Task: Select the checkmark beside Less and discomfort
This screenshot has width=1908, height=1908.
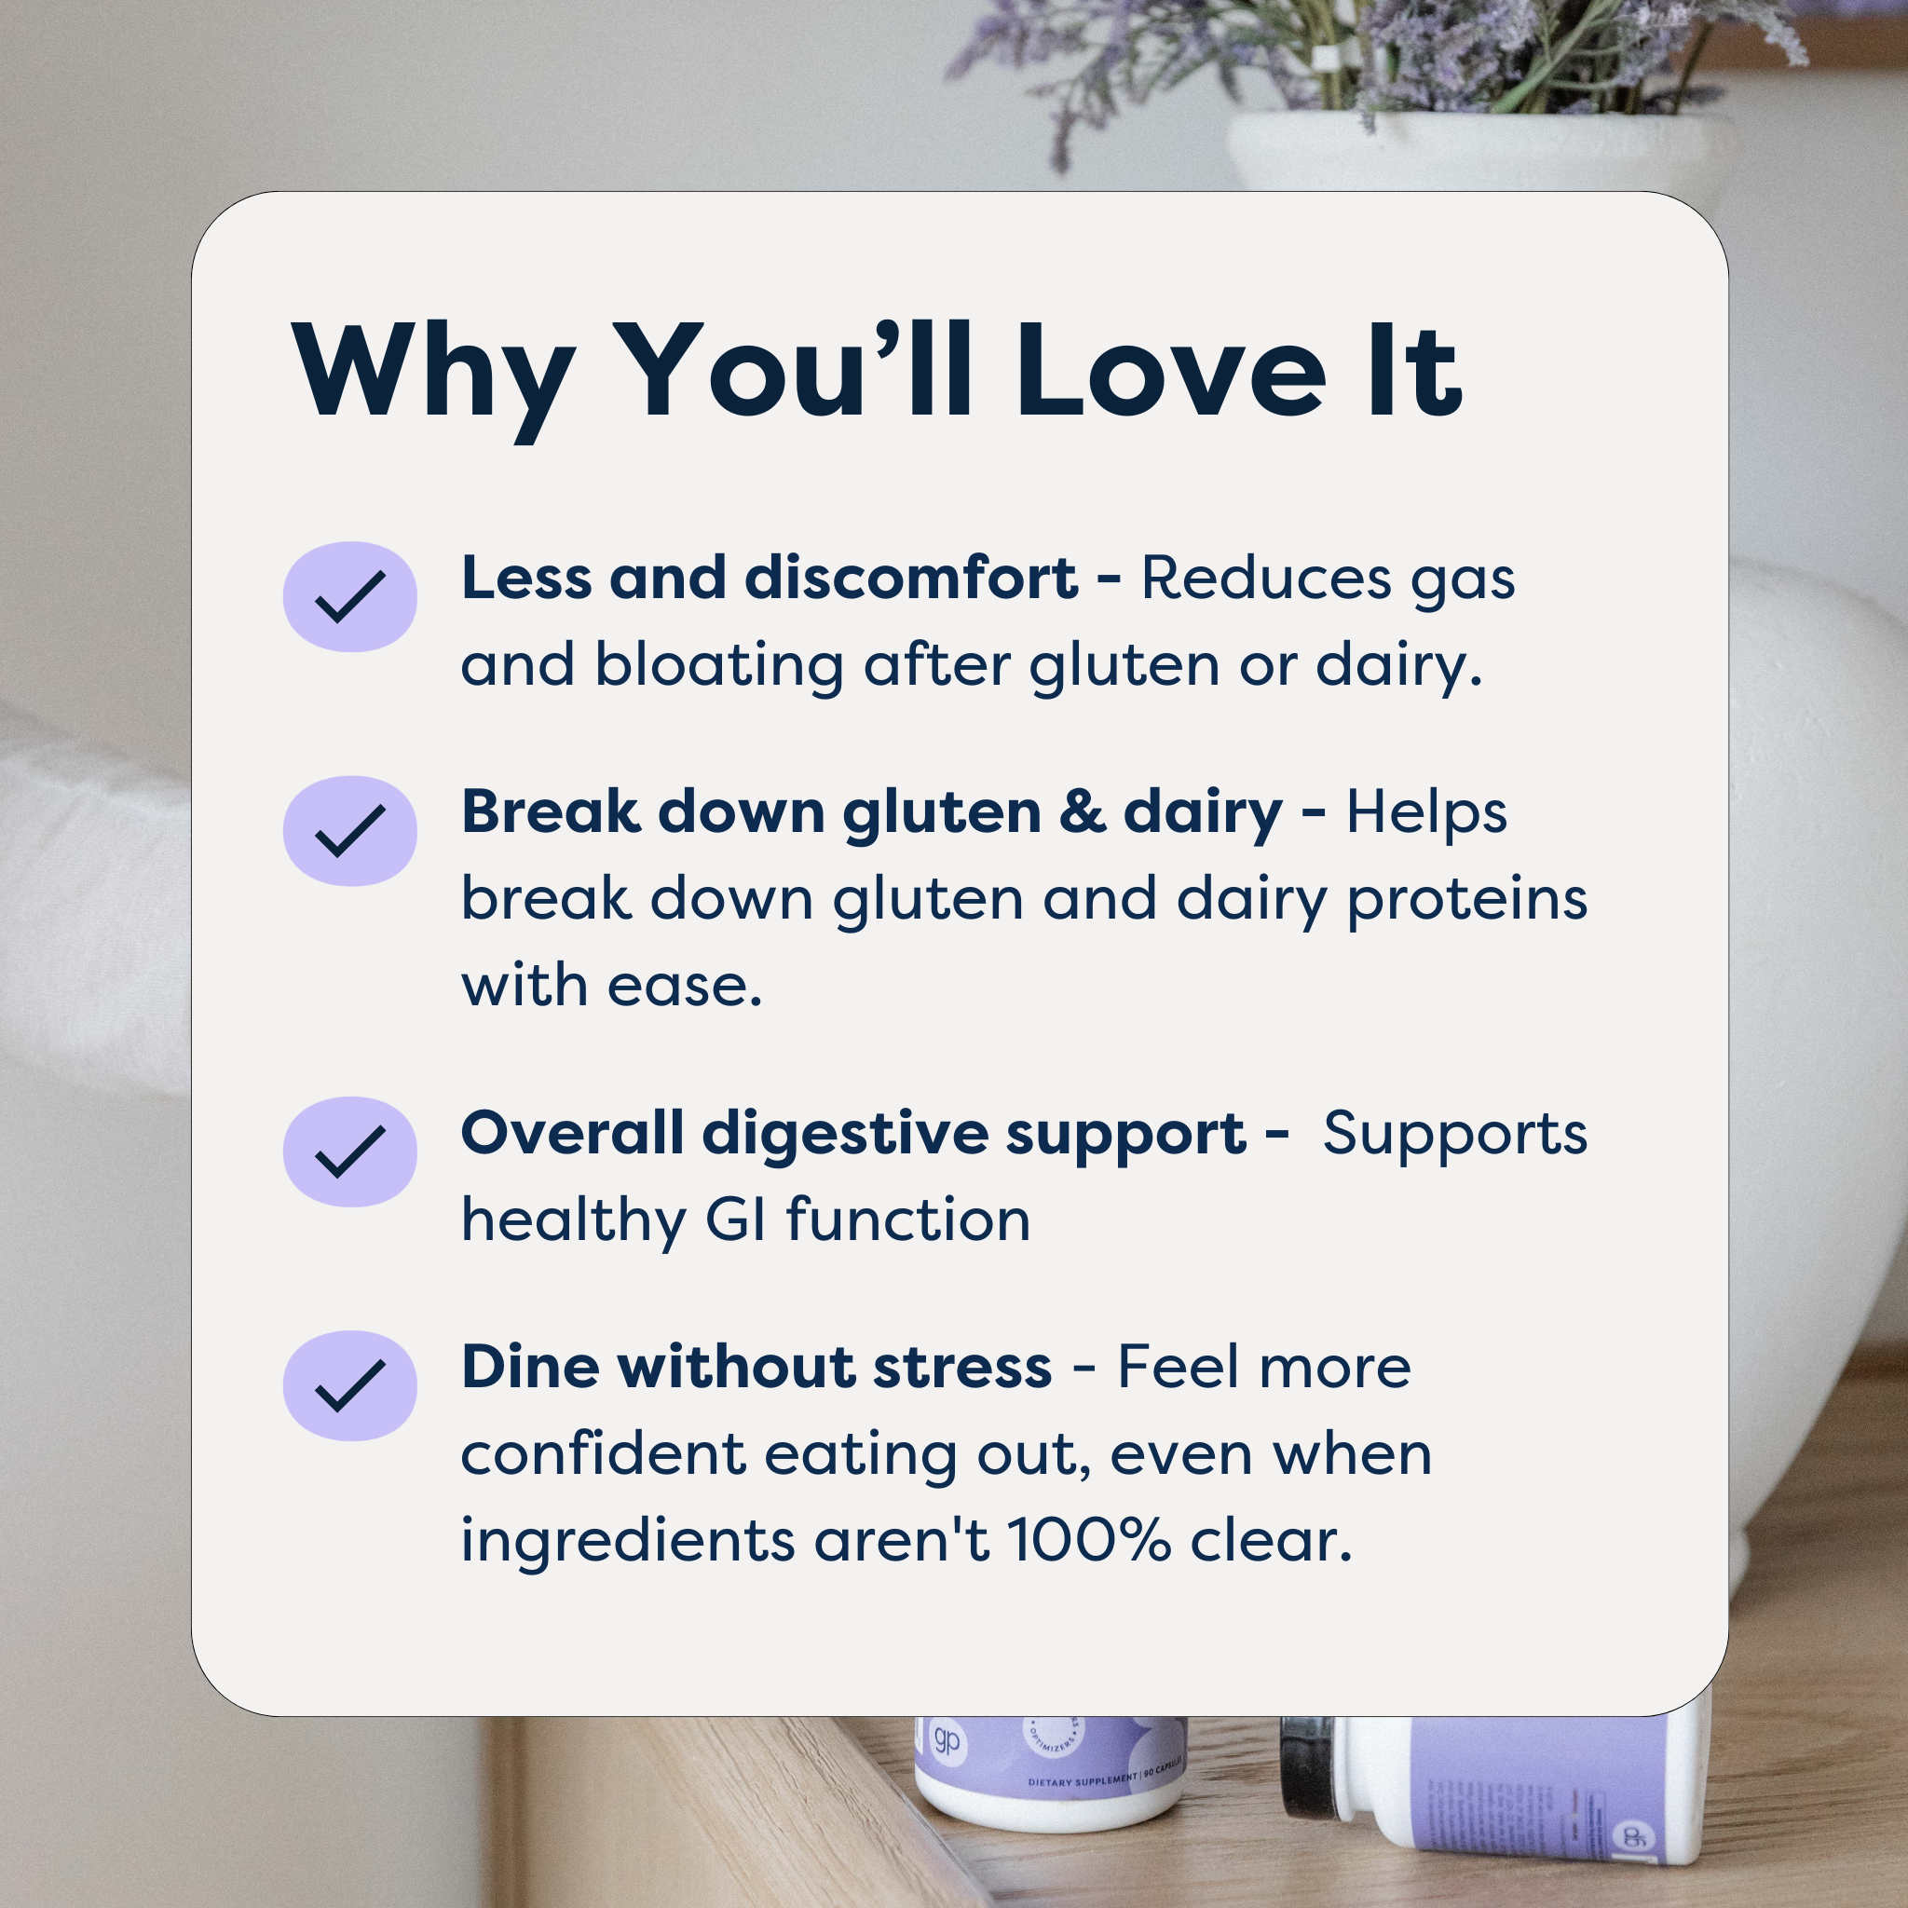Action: point(349,596)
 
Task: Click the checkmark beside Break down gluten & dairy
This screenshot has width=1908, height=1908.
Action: point(349,830)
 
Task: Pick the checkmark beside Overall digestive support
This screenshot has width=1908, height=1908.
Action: point(349,1152)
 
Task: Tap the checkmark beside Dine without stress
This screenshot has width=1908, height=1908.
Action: point(349,1385)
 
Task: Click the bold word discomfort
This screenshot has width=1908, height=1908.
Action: point(910,578)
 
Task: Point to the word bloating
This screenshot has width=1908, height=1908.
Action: point(718,664)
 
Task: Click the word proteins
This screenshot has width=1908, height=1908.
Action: point(1467,901)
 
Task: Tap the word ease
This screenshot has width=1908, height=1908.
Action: point(685,986)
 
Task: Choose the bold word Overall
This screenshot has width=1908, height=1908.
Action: point(571,1133)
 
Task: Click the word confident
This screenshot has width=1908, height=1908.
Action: point(603,1453)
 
